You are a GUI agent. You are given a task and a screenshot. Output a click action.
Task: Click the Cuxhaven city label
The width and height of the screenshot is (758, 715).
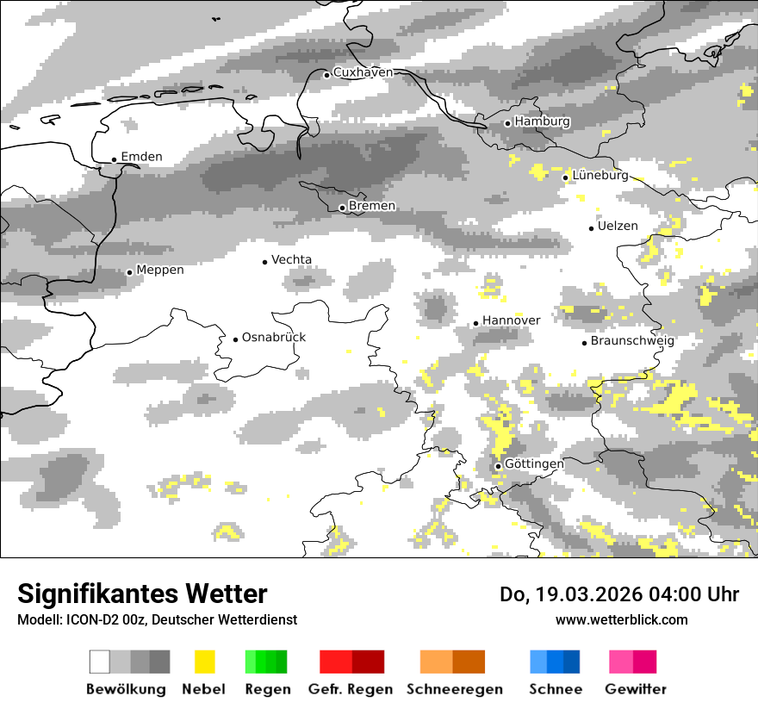click(x=363, y=72)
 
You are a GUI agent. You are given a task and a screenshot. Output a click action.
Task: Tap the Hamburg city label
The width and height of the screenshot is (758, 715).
click(x=542, y=121)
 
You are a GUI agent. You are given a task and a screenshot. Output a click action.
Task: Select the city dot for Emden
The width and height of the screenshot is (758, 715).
click(x=114, y=159)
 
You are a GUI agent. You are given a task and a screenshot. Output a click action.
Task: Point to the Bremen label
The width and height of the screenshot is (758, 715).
click(x=372, y=206)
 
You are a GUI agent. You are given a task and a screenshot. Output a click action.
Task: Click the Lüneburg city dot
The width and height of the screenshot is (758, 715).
click(x=566, y=177)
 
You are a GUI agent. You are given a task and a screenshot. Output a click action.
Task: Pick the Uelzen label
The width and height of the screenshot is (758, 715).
click(x=618, y=227)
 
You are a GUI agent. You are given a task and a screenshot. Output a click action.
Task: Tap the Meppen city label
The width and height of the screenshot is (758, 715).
click(x=160, y=270)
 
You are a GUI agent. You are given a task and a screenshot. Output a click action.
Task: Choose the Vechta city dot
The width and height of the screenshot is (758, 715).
click(x=265, y=262)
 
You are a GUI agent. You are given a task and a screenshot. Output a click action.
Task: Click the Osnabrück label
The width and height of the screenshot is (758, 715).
click(x=274, y=338)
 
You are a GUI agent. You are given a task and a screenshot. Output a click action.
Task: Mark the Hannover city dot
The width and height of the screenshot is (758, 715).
click(x=475, y=323)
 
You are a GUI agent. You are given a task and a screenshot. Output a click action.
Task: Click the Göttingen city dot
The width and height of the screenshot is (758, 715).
click(x=498, y=466)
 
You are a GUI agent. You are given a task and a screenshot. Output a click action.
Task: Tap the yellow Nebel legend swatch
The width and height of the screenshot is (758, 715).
click(x=204, y=662)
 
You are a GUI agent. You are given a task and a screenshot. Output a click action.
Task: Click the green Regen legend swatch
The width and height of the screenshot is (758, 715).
click(x=266, y=662)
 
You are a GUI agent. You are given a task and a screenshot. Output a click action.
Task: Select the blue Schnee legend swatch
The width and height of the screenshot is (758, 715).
click(x=554, y=662)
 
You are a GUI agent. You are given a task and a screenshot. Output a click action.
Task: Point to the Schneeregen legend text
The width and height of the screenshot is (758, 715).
click(x=455, y=689)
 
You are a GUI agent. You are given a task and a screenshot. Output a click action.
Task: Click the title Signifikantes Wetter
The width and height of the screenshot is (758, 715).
click(x=142, y=594)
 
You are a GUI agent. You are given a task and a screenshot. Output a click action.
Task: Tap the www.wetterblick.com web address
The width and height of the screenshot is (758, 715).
click(x=621, y=619)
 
